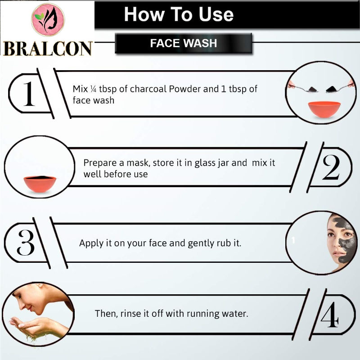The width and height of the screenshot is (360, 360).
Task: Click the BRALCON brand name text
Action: coord(48,49)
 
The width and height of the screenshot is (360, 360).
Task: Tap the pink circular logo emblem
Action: coord(48,20)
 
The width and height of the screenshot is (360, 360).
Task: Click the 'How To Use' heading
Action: coord(179,14)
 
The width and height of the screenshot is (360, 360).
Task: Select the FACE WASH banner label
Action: coord(184,43)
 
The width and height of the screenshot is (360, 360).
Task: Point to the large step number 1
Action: coord(29,94)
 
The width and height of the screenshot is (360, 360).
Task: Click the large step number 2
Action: coord(331,167)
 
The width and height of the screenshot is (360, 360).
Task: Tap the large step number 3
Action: coord(26,243)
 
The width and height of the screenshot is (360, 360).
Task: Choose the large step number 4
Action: coord(330,315)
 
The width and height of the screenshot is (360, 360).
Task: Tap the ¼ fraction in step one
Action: coord(93,89)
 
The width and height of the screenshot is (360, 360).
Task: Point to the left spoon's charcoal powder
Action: coord(313,89)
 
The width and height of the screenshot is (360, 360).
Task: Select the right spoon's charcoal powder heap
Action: coord(331,89)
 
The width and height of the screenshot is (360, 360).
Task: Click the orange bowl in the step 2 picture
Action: coord(40,184)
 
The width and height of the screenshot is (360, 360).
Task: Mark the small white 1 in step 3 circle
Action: coord(293,240)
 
